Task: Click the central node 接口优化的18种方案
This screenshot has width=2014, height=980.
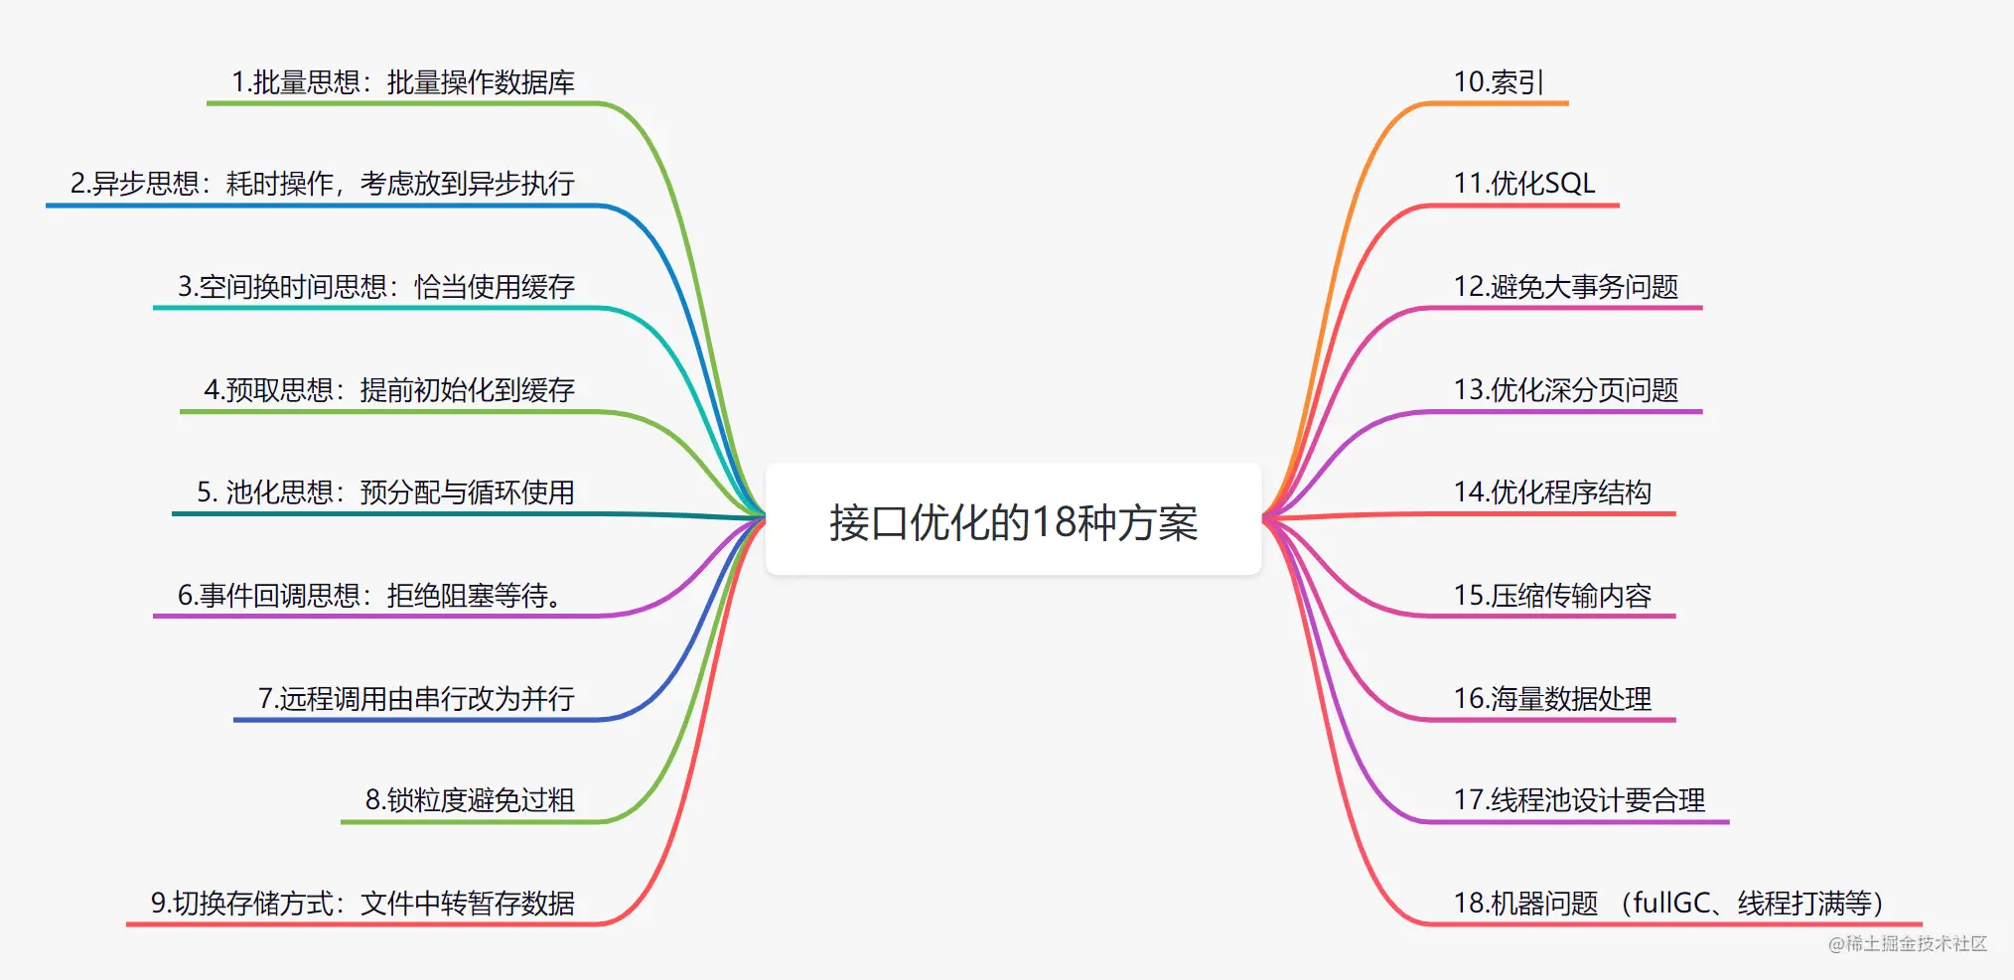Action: [x=1013, y=521]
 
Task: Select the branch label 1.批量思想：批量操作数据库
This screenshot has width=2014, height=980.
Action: [x=402, y=82]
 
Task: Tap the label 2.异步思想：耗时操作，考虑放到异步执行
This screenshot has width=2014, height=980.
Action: [x=322, y=184]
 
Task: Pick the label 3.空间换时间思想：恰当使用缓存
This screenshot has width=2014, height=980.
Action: [x=375, y=287]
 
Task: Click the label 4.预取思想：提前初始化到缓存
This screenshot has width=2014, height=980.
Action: [x=388, y=390]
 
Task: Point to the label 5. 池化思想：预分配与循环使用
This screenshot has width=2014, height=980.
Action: [x=384, y=492]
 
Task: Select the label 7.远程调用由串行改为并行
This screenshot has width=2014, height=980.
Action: [x=415, y=699]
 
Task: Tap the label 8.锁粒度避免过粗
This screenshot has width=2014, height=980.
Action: [x=469, y=800]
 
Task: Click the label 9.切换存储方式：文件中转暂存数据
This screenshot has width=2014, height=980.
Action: [x=362, y=904]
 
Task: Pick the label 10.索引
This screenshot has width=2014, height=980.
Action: [x=1498, y=82]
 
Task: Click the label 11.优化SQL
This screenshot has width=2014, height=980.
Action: [x=1523, y=184]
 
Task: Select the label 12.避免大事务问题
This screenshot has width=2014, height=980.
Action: [x=1565, y=287]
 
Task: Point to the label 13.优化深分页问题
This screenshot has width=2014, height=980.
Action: [x=1565, y=390]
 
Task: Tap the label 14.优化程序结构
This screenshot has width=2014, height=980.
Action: [x=1551, y=492]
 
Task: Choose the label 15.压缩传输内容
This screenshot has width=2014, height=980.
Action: [x=1551, y=596]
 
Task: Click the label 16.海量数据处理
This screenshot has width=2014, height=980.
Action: [x=1551, y=699]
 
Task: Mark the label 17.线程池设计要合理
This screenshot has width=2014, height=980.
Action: [x=1578, y=800]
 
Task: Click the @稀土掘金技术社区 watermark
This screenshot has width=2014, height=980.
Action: [x=1908, y=943]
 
